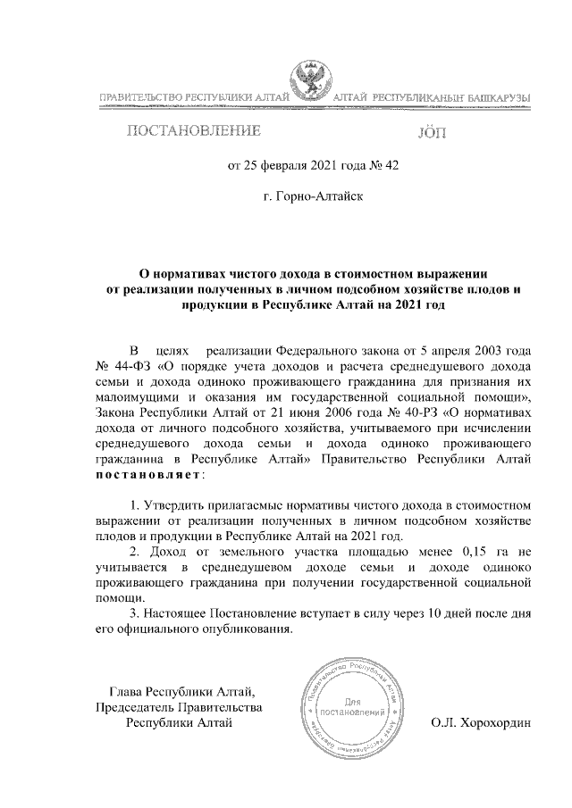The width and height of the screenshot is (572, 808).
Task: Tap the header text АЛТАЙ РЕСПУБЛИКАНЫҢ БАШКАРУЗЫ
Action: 433,96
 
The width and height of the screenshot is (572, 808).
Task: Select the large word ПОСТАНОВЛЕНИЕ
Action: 194,133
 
